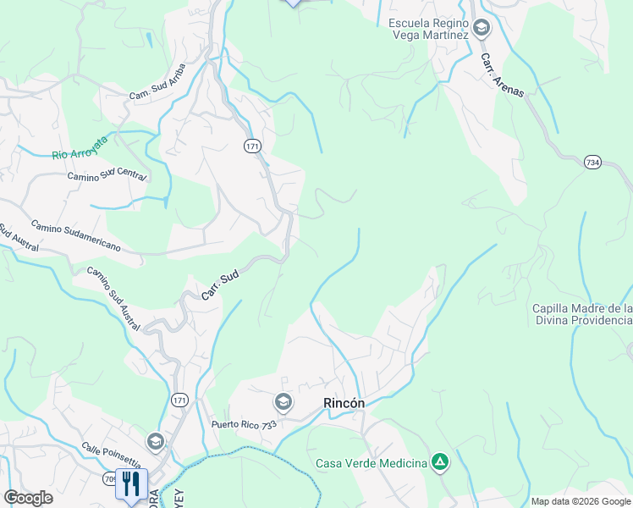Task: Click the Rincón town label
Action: coord(344,404)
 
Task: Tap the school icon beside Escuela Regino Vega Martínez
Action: coord(482,29)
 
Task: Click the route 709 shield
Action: coord(111,478)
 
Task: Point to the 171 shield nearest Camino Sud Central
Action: coord(252,146)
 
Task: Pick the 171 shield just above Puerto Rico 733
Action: coord(179,400)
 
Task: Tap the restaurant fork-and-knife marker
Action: coord(131,483)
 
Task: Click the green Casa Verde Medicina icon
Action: coord(439,462)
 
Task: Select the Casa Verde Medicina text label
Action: coord(371,463)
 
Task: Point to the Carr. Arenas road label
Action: coord(503,75)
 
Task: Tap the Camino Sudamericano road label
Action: coord(76,236)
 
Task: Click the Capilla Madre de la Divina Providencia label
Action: coord(582,314)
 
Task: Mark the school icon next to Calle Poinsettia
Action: coord(155,442)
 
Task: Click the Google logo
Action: coord(28,498)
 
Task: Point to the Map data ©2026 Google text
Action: coord(581,501)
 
